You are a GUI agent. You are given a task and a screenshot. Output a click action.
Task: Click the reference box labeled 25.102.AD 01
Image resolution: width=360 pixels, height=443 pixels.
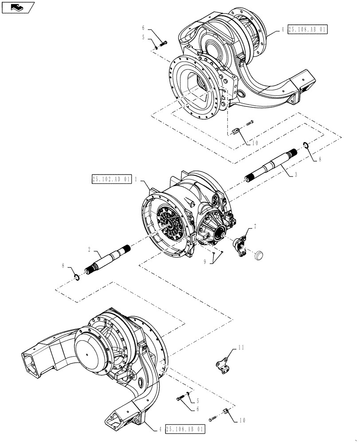(112, 179)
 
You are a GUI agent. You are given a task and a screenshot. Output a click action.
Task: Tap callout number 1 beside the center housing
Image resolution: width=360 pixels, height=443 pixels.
(136, 179)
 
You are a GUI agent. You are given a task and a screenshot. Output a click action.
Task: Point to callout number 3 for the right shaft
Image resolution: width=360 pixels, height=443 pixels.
(296, 175)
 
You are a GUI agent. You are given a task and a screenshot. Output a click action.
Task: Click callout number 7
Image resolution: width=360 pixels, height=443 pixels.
(255, 227)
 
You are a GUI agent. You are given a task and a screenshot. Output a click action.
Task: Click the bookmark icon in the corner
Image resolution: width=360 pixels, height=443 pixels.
(17, 7)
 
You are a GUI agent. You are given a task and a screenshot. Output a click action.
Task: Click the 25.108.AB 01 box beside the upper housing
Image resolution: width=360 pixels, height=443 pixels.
(309, 30)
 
